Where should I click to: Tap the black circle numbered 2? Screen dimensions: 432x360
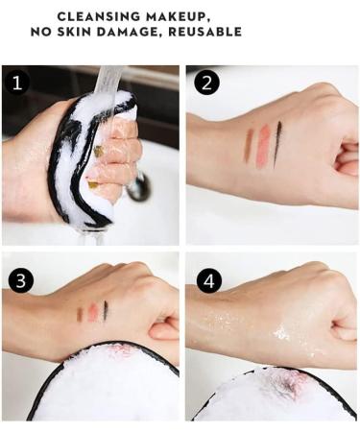pos(205,83)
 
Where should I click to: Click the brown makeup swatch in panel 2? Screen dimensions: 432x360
pos(248,145)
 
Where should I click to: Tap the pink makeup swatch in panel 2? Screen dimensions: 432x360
pos(263,146)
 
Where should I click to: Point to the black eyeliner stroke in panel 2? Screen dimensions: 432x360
pos(278,143)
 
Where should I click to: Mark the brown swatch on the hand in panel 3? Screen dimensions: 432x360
pos(79,314)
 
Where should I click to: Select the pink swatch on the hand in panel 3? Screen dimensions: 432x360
pos(92,312)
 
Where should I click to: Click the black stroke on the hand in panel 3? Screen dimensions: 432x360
pos(106,310)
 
